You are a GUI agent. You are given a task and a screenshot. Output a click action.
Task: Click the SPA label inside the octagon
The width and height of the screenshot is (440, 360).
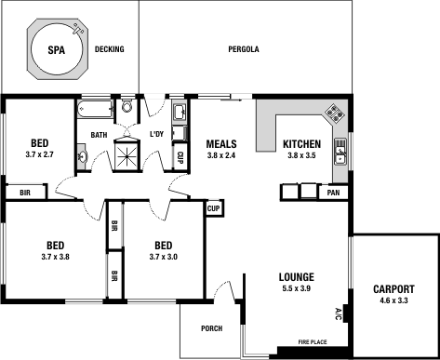[x=57, y=47]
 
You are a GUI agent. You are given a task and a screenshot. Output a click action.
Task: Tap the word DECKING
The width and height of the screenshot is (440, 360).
[x=110, y=48]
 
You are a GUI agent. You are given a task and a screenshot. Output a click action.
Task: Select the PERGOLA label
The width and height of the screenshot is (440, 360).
[x=243, y=48]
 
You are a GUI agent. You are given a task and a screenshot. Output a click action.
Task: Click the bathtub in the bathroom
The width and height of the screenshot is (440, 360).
[x=94, y=110]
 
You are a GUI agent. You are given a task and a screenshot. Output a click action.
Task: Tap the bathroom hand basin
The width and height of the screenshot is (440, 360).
[x=83, y=157]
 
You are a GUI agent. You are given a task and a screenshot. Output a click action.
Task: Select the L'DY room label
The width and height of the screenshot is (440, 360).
[x=157, y=135]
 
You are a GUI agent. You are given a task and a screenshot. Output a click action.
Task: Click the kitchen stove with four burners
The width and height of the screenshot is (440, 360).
[x=333, y=113]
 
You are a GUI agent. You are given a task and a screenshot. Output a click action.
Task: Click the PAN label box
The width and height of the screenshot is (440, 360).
[x=333, y=193]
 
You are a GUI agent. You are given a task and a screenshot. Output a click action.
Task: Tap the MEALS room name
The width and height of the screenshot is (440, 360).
[x=220, y=144]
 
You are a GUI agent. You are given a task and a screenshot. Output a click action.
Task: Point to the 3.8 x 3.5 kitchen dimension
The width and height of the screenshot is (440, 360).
[x=301, y=156]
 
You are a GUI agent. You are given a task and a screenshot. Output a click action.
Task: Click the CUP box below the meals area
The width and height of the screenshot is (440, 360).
[x=213, y=209]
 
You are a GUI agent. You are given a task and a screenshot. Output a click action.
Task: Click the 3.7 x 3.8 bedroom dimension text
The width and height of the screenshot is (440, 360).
[x=55, y=256]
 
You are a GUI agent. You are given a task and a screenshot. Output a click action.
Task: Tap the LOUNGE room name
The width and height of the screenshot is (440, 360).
[x=296, y=277]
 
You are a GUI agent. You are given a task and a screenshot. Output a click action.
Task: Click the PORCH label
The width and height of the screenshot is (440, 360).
[x=211, y=328]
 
